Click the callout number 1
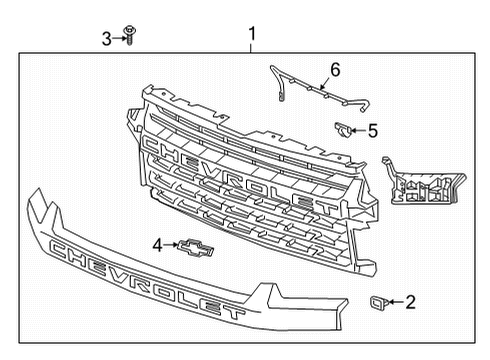(251, 33)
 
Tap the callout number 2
(410, 301)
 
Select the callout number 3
(107, 38)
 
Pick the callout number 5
(372, 129)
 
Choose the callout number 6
(336, 69)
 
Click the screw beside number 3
(130, 37)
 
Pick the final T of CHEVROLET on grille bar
(327, 210)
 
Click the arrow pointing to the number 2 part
(396, 301)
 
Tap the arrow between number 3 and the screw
(119, 38)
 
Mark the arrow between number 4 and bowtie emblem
(172, 245)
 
